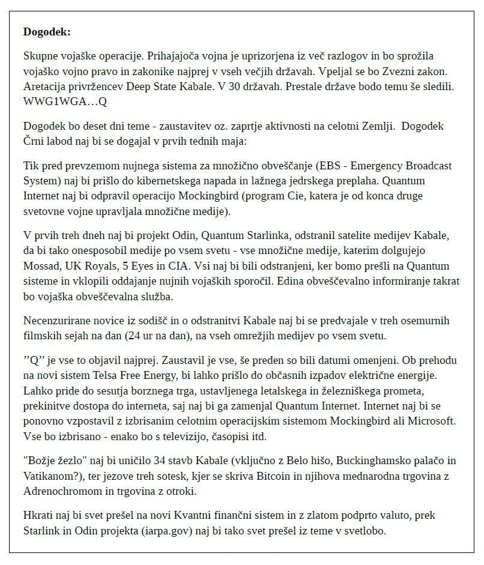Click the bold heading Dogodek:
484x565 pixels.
click(47, 32)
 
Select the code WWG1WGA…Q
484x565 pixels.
click(65, 101)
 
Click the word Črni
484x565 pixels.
click(35, 143)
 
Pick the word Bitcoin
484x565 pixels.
click(291, 476)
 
